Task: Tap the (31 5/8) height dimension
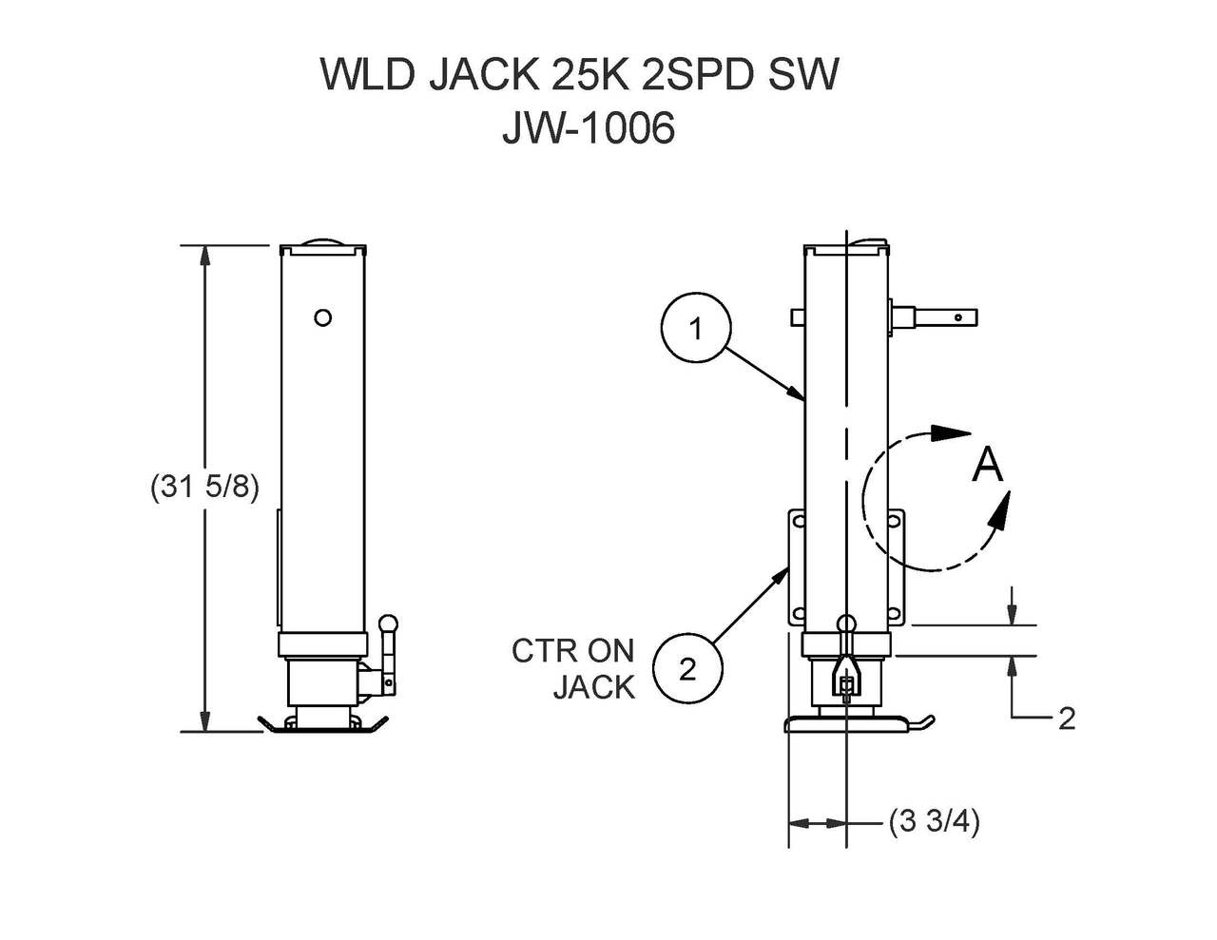pyautogui.click(x=204, y=487)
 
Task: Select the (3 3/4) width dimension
pyautogui.click(x=934, y=820)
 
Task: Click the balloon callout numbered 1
pyautogui.click(x=696, y=329)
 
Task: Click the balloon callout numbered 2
pyautogui.click(x=687, y=668)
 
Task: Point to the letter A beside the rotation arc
pyautogui.click(x=987, y=466)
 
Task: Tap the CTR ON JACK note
pyautogui.click(x=573, y=668)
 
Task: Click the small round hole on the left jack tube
pyautogui.click(x=322, y=317)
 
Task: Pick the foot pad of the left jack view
pyautogui.click(x=324, y=725)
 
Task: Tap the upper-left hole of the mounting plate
pyautogui.click(x=797, y=522)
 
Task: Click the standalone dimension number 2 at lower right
pyautogui.click(x=1066, y=719)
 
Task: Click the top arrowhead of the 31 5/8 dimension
pyautogui.click(x=204, y=254)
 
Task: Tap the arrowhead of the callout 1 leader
pyautogui.click(x=801, y=394)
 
